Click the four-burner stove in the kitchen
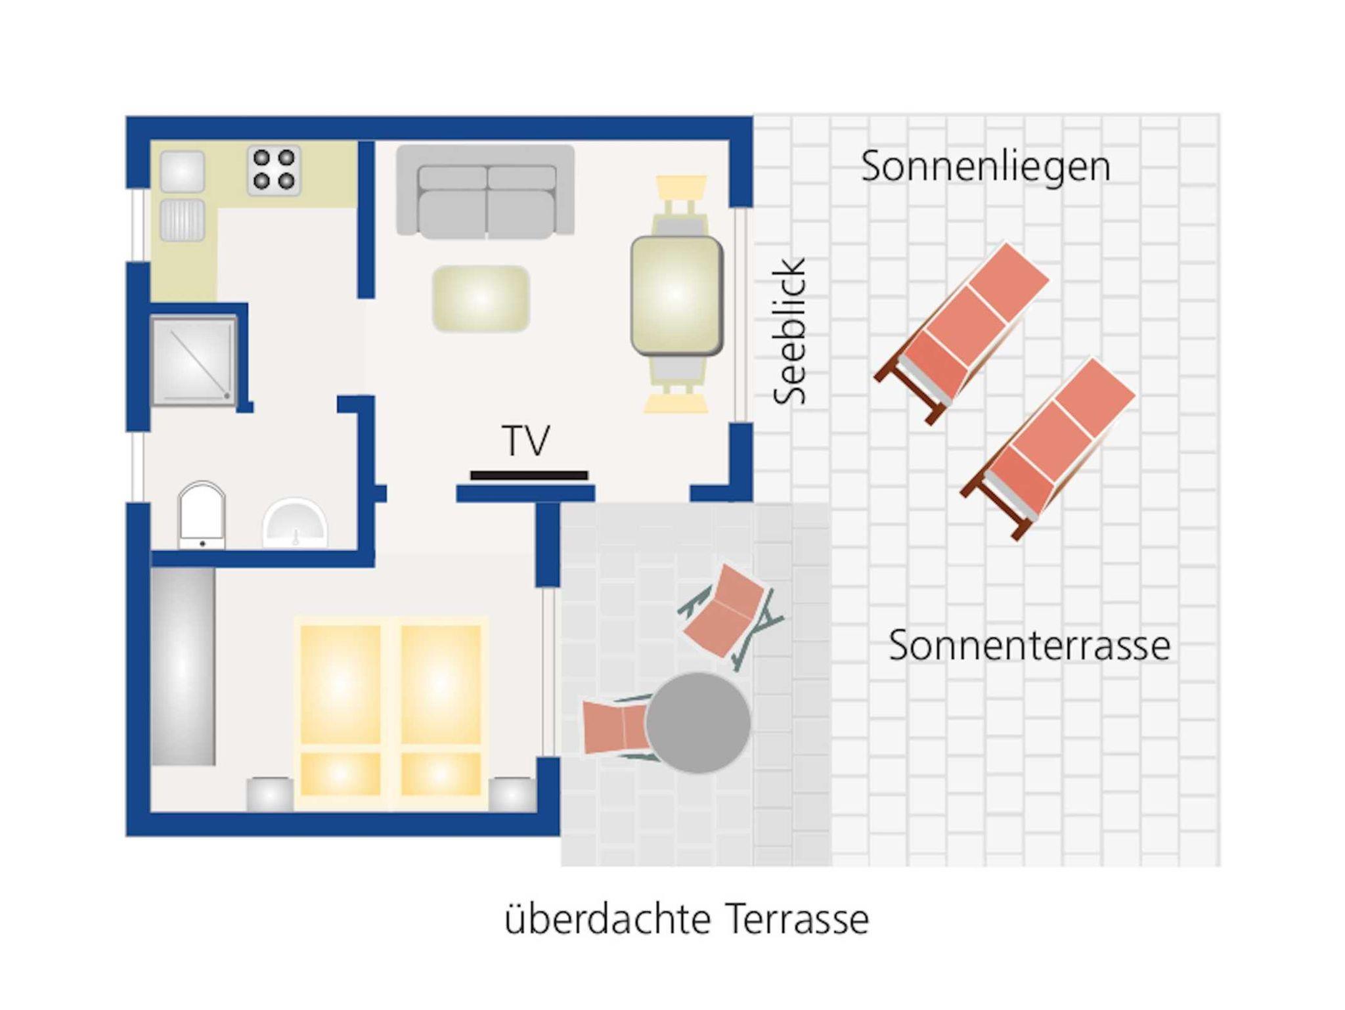click(x=274, y=171)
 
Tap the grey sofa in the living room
click(x=485, y=192)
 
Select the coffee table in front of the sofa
click(x=481, y=299)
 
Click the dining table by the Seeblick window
click(x=676, y=296)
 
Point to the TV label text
click(x=526, y=440)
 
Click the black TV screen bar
click(x=529, y=475)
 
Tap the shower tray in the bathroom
click(x=194, y=361)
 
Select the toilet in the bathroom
click(x=202, y=515)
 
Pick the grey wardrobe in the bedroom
click(x=183, y=666)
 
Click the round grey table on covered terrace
click(x=698, y=722)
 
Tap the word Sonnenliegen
click(x=986, y=167)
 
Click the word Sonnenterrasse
click(x=1029, y=646)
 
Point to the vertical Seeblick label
click(x=789, y=332)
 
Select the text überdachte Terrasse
click(x=687, y=919)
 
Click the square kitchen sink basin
click(x=182, y=171)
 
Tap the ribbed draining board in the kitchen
click(x=182, y=220)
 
